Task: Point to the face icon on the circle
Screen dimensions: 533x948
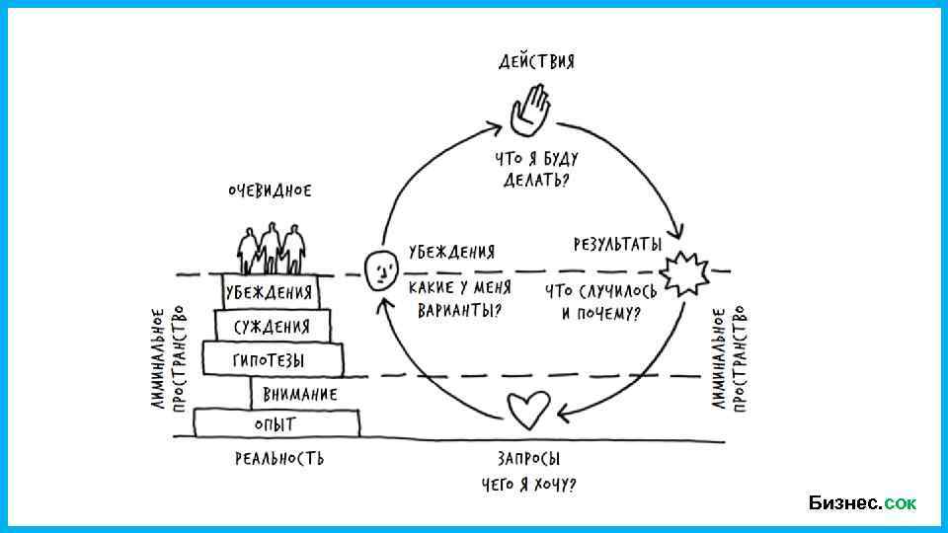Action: (x=380, y=269)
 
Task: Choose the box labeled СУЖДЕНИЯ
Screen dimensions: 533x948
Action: (x=272, y=326)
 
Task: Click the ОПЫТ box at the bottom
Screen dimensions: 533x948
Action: (x=276, y=423)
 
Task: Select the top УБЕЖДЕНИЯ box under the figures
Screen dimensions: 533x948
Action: (x=270, y=291)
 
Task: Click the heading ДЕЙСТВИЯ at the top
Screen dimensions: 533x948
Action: (x=535, y=61)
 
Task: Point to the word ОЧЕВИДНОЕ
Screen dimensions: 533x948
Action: (x=269, y=190)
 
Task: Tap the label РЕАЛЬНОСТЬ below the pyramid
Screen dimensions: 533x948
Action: (x=279, y=459)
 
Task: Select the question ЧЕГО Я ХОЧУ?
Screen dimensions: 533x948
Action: (x=528, y=485)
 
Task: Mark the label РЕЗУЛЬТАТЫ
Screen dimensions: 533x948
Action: (x=618, y=244)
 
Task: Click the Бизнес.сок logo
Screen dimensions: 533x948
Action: (x=861, y=503)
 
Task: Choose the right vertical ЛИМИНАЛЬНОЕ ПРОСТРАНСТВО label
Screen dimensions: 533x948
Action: (x=729, y=357)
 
